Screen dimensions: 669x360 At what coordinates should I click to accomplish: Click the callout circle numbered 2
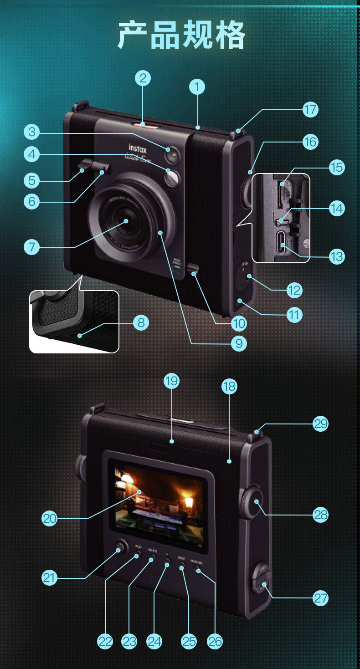point(143,78)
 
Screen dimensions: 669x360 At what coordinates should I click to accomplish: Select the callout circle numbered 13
point(336,256)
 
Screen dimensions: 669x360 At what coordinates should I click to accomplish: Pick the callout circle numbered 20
point(50,518)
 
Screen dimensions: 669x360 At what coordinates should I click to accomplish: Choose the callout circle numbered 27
point(321,598)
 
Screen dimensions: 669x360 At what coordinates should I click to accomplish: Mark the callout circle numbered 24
point(154,641)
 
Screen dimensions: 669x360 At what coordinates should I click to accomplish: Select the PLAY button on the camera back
point(138,555)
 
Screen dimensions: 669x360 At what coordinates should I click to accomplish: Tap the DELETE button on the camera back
point(153,557)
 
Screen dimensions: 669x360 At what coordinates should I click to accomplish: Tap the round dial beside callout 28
point(251,502)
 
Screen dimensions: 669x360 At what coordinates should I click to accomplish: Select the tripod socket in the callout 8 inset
point(80,336)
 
